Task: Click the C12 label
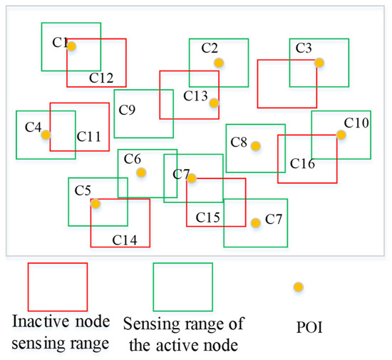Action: (x=101, y=76)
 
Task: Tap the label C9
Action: (x=128, y=110)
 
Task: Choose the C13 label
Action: (x=195, y=96)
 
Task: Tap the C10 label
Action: (x=356, y=123)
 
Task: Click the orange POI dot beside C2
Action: (x=219, y=63)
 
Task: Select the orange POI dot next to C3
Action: (x=319, y=63)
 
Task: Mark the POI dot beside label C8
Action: (x=255, y=145)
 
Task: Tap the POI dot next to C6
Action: (x=142, y=173)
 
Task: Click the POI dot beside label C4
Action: (x=46, y=134)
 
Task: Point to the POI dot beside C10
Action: (x=341, y=135)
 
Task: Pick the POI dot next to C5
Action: (x=96, y=203)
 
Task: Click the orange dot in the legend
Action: (x=299, y=287)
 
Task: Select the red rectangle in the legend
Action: (x=57, y=287)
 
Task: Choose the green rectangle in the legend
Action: (x=183, y=287)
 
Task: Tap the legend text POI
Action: (x=298, y=329)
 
